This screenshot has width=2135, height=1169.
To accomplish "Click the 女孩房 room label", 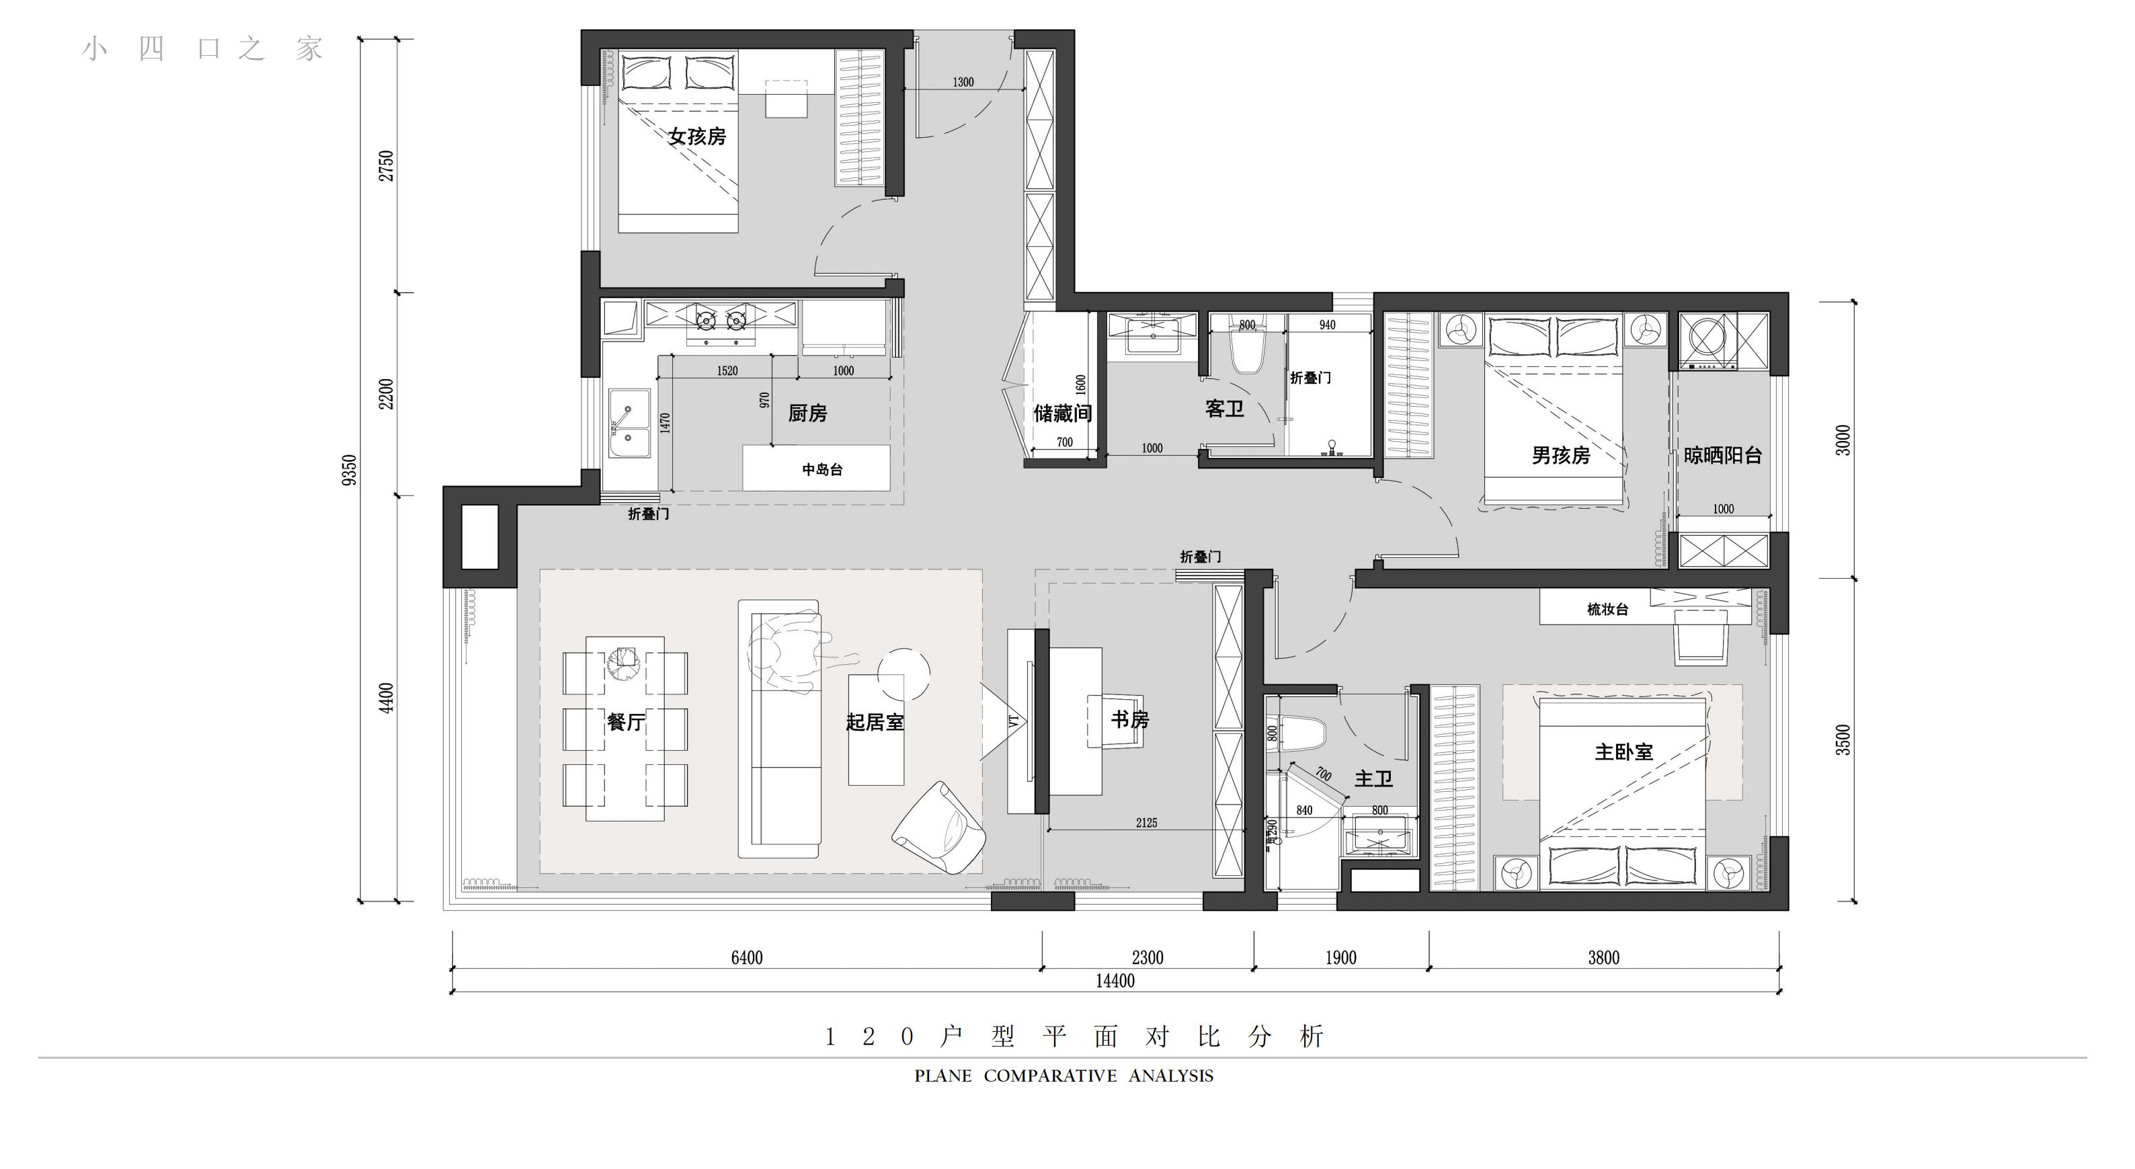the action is click(697, 136).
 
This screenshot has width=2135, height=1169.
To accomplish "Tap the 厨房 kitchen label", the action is click(807, 413).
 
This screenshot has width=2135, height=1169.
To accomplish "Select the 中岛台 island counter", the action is click(816, 469).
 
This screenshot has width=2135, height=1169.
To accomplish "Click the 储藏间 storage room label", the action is click(1063, 413).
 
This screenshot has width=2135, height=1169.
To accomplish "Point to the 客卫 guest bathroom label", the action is click(1224, 409).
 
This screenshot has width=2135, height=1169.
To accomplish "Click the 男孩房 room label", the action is click(1561, 455).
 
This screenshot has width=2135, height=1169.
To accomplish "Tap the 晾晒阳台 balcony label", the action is click(1722, 455).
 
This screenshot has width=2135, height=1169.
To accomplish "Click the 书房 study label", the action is click(1129, 720).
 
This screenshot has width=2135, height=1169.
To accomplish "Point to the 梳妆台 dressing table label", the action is click(1607, 609).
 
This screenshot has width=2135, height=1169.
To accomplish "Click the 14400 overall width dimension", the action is click(1115, 981).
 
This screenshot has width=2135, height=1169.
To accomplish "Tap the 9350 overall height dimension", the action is click(350, 470).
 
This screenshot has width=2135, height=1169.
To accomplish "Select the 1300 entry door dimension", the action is click(963, 82).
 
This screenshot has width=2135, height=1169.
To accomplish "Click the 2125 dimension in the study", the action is click(1146, 822).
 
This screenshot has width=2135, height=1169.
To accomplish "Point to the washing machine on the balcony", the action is click(1708, 340).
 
